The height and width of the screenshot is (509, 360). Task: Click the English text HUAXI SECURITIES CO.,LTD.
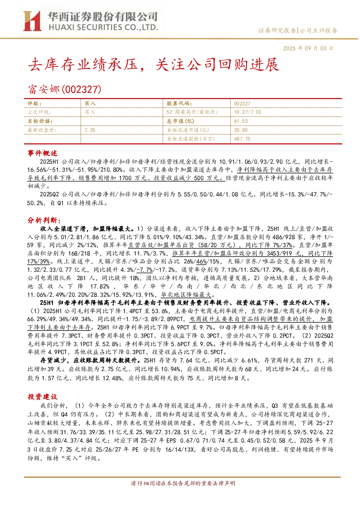click(103, 28)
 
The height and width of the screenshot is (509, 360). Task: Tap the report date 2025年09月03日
click(308, 49)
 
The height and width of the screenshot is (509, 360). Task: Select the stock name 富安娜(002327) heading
click(65, 89)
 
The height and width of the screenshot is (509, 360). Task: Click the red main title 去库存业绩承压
click(83, 65)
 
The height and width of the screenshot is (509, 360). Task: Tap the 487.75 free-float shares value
click(242, 139)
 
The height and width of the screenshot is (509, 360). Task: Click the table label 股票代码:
click(179, 104)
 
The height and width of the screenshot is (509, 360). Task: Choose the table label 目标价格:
click(40, 121)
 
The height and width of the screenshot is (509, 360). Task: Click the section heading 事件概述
click(42, 153)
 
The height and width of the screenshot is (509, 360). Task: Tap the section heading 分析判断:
click(44, 220)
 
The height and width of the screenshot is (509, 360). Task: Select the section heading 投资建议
click(42, 397)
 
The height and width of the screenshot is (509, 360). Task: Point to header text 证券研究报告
click(277, 30)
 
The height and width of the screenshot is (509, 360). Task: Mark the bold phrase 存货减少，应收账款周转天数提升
click(89, 360)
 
